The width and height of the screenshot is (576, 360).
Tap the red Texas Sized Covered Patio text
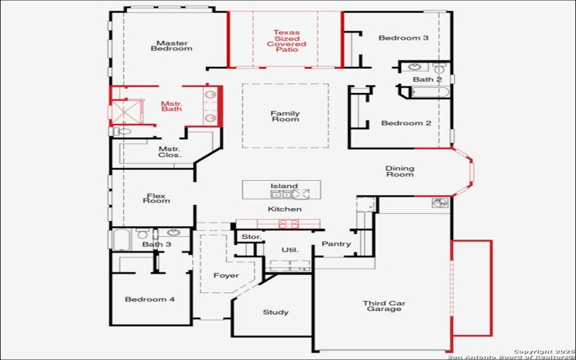click(286, 41)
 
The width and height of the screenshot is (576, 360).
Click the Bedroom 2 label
click(406, 123)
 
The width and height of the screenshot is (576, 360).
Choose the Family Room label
click(285, 117)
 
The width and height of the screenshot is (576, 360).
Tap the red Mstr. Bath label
click(171, 106)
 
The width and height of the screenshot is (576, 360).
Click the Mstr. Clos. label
click(170, 152)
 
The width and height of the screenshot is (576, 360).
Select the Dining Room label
click(400, 171)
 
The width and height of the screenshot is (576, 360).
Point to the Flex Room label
click(157, 197)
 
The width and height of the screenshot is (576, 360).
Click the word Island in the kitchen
click(284, 186)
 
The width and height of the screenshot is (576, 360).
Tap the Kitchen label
click(284, 210)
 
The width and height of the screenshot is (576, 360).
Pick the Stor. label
click(251, 236)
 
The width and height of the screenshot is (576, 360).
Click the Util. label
click(289, 250)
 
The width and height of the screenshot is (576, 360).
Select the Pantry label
click(336, 244)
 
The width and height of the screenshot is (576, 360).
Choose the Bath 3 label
click(156, 245)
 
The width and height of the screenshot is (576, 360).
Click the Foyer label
click(226, 276)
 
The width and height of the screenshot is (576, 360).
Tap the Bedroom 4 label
click(149, 300)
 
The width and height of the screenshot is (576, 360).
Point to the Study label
click(276, 312)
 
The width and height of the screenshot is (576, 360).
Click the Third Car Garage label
click(384, 307)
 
